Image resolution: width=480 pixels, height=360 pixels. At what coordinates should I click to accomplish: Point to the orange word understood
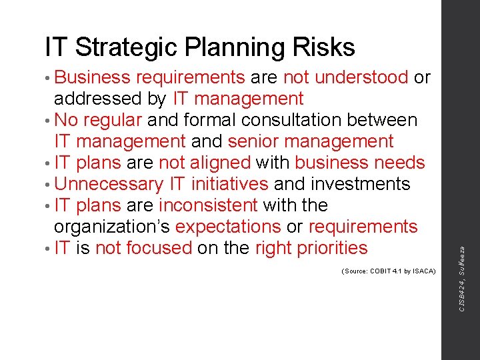(361, 77)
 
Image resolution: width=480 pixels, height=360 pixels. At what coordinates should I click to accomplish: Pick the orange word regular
(112, 120)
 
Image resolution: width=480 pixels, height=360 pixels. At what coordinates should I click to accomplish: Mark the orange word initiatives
(229, 184)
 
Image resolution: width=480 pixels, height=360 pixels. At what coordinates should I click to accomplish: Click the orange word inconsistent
(208, 205)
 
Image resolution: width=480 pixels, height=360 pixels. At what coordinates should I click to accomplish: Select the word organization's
(112, 227)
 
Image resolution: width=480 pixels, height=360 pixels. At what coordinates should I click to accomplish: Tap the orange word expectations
(228, 227)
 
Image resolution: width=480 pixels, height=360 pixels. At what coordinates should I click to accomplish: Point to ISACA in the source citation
(423, 271)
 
